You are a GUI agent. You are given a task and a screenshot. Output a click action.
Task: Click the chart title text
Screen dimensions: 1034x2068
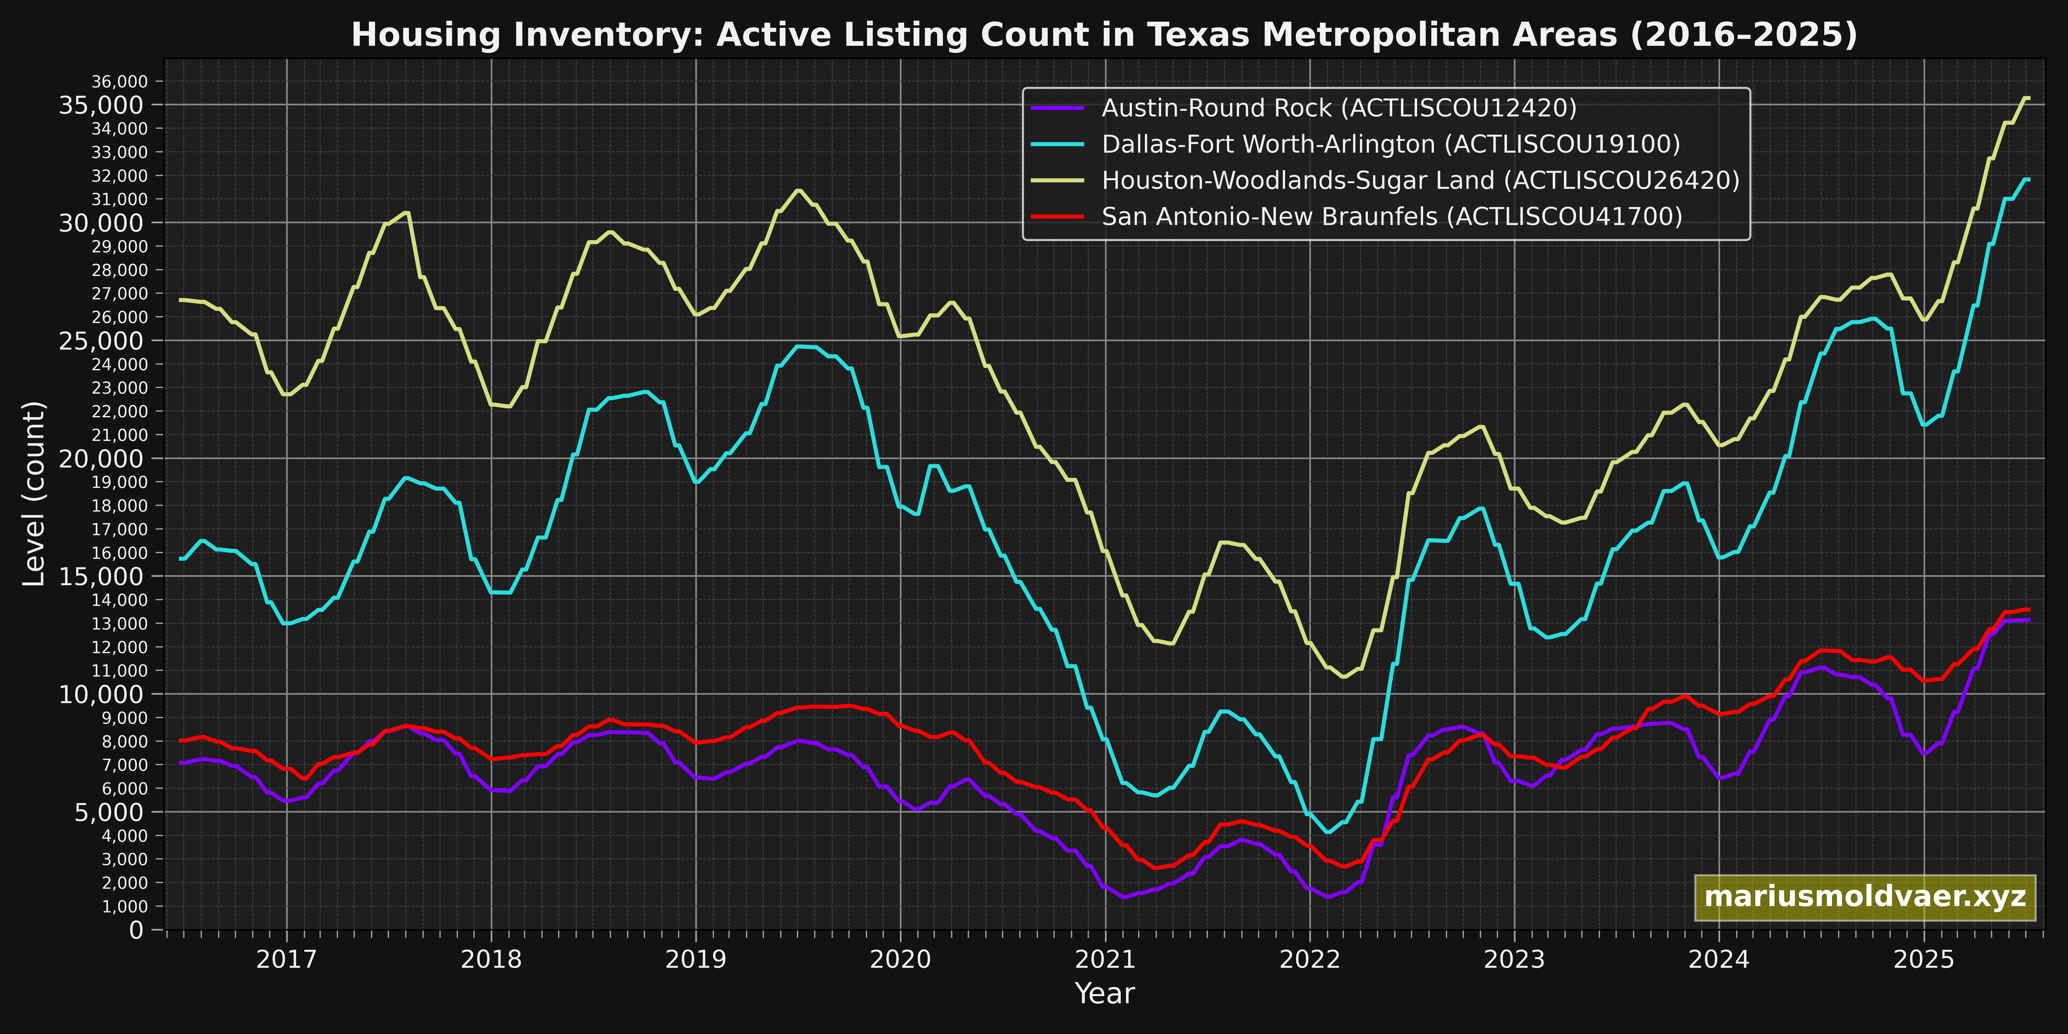click(1104, 35)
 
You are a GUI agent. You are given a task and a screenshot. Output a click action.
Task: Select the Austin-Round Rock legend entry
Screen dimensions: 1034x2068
click(1338, 108)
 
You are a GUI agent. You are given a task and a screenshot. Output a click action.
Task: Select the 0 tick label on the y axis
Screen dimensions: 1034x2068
click(136, 930)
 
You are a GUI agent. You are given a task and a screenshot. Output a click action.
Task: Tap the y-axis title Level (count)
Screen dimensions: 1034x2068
click(34, 494)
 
